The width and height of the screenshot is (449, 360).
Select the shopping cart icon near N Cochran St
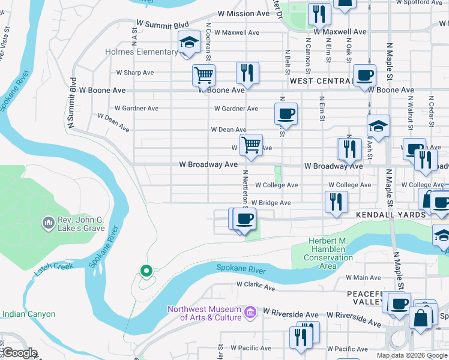click(203, 76)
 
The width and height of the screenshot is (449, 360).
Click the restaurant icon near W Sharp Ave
click(247, 73)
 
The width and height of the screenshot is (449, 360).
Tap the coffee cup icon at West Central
click(364, 76)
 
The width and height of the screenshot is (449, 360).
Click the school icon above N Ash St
click(378, 126)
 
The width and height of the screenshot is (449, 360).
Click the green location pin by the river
click(145, 271)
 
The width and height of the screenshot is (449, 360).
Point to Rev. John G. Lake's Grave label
click(81, 224)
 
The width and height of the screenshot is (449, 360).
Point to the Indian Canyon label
click(29, 314)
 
